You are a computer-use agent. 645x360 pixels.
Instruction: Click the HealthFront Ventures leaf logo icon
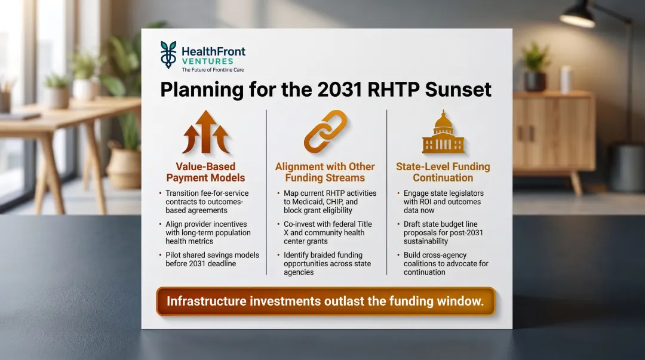tap(168, 55)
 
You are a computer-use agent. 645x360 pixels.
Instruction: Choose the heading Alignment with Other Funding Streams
tap(325, 172)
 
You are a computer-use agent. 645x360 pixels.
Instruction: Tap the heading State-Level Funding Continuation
tap(443, 172)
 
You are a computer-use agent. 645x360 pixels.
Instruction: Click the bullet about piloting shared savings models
tap(212, 259)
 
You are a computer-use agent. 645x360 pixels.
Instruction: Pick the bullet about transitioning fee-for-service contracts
tap(212, 202)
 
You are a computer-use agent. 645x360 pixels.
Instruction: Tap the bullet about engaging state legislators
tap(444, 198)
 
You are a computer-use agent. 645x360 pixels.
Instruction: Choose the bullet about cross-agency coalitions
tap(444, 263)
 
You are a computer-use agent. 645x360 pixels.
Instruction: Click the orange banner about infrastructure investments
tap(325, 301)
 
